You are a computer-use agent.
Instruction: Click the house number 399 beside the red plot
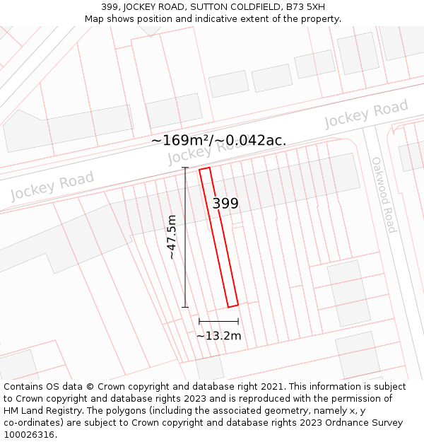[x=225, y=204]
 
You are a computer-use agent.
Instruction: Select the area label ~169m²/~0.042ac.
[x=218, y=140]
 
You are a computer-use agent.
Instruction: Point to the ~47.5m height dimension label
[x=172, y=238]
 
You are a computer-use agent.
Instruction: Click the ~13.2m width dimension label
[x=218, y=336]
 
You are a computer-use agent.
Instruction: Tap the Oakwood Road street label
[x=384, y=194]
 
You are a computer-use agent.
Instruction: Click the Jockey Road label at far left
[x=52, y=185]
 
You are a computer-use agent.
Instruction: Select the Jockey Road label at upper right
[x=366, y=114]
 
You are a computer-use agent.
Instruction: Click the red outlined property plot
[x=218, y=238]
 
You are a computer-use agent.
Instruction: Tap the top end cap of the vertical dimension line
[x=186, y=168]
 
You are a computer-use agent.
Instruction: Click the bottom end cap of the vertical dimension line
[x=186, y=307]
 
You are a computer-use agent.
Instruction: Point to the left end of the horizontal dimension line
[x=199, y=321]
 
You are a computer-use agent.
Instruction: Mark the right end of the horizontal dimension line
[x=238, y=321]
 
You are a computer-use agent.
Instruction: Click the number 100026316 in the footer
[x=29, y=435]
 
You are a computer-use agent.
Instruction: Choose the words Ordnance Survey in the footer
[x=365, y=423]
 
